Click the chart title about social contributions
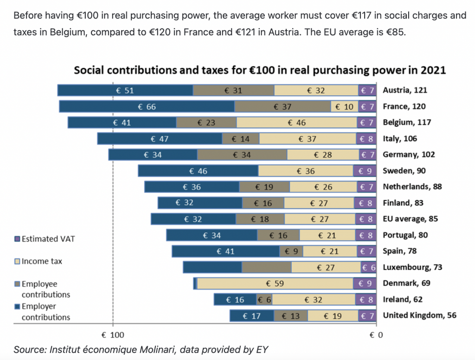click(x=260, y=71)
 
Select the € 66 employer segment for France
click(x=147, y=107)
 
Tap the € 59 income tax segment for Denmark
click(x=275, y=283)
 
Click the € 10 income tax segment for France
click(x=344, y=107)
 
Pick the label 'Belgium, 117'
click(x=406, y=122)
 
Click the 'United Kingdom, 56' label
click(x=419, y=315)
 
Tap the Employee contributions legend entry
click(x=42, y=289)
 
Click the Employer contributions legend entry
click(x=42, y=312)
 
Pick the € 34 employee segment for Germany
click(x=242, y=155)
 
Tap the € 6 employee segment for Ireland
click(x=264, y=300)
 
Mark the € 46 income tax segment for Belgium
click(x=296, y=123)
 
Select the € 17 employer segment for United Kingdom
click(x=251, y=316)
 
